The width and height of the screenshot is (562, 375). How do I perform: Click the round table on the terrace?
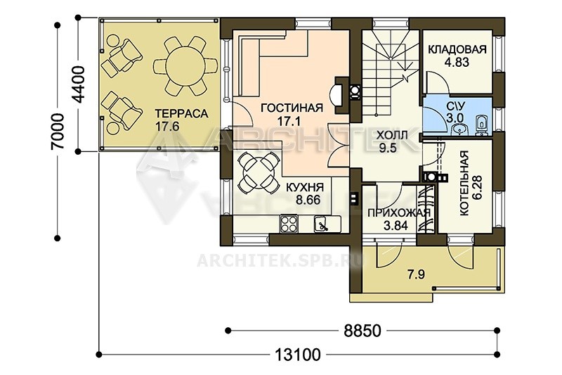coord(185,65)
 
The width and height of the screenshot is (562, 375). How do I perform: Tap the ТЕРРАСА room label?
coord(181,113)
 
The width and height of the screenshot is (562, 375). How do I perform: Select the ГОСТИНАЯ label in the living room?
coord(292,108)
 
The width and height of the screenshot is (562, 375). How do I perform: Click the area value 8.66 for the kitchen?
coord(308,200)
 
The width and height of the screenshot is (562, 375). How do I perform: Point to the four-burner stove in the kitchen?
coord(289,223)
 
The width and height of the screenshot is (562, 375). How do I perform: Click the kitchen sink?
coord(322,224)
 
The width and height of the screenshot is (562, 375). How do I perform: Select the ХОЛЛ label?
coord(392,136)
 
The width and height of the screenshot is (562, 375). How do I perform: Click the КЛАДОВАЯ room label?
coord(457,49)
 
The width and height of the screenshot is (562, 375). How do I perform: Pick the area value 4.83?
coord(457,63)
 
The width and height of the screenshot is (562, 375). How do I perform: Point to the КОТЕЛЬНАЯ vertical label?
coord(464,184)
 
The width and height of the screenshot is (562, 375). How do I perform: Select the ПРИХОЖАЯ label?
coord(398,212)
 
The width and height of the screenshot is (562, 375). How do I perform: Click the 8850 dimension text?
coord(362,331)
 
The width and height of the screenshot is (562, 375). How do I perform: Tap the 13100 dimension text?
coord(298,355)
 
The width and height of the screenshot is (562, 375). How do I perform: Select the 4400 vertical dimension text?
coord(79,84)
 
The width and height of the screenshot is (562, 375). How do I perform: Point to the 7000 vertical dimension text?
coord(57,131)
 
